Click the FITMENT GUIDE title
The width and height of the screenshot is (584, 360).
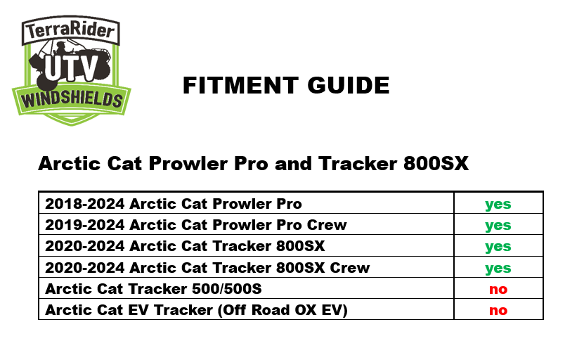(286, 86)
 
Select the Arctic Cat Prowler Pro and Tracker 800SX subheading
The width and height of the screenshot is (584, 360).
(253, 164)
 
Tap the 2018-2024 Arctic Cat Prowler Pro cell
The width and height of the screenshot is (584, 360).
(174, 204)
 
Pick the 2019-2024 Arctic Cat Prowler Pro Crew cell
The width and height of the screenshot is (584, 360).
(196, 225)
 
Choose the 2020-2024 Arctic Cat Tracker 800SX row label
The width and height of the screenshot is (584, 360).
(185, 246)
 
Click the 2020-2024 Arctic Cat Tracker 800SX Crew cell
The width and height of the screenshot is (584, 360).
(207, 268)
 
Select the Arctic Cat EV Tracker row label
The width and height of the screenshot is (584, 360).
(196, 310)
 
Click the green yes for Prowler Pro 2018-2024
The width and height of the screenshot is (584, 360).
(498, 205)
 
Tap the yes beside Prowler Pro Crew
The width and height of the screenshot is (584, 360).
(498, 226)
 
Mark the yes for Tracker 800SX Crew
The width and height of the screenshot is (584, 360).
(498, 268)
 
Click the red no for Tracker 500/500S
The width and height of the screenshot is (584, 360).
(498, 289)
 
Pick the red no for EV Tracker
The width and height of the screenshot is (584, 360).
(498, 310)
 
